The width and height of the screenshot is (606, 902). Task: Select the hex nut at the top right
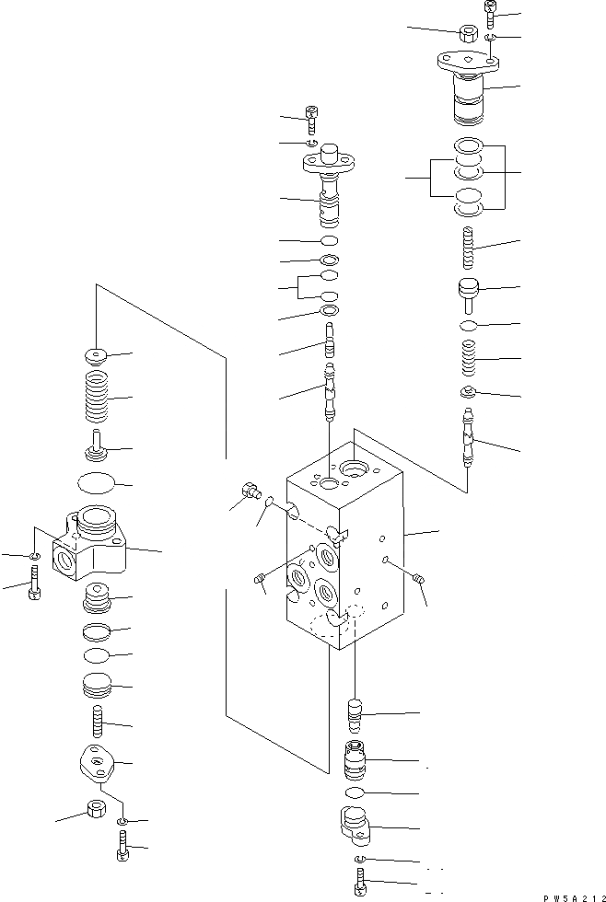pyautogui.click(x=465, y=33)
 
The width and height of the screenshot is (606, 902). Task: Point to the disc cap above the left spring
pyautogui.click(x=96, y=355)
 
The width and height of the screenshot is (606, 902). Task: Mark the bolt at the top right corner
pyautogui.click(x=489, y=13)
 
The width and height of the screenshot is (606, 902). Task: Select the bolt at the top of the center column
pyautogui.click(x=313, y=118)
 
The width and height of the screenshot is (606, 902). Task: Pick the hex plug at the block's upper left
pyautogui.click(x=247, y=492)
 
